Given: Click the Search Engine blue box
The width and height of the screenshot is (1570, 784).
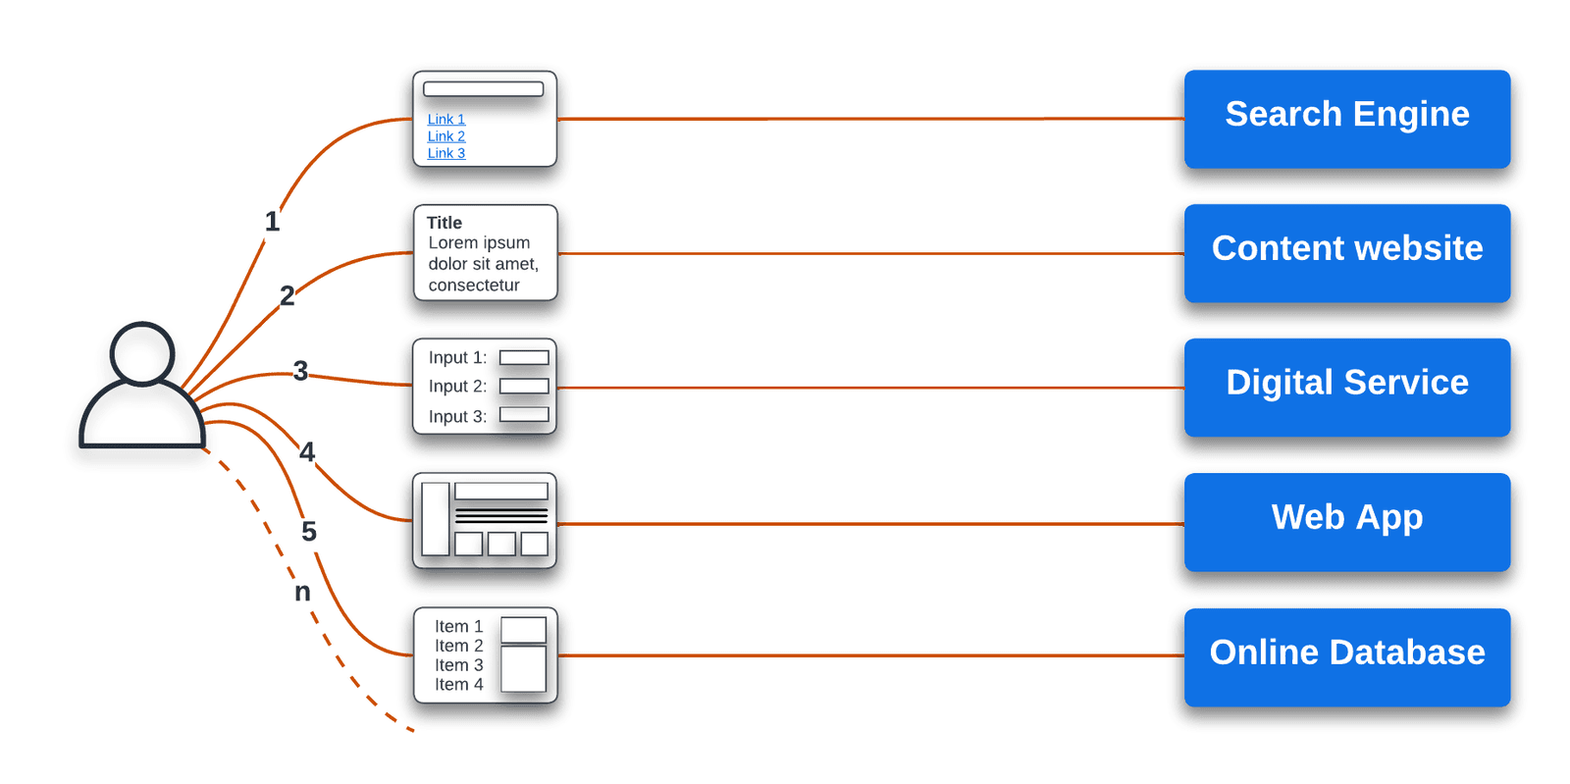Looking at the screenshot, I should (1346, 119).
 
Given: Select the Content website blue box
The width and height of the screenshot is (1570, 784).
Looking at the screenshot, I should (1346, 252).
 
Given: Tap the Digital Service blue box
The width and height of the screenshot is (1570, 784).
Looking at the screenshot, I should (1346, 387).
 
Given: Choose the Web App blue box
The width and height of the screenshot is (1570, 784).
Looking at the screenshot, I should (1346, 521).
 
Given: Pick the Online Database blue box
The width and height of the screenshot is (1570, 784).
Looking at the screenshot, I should (1346, 656).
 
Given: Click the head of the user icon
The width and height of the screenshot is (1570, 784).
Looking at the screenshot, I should (142, 352).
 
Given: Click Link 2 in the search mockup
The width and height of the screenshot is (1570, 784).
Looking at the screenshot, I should (446, 136).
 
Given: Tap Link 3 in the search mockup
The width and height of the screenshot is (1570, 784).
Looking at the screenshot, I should (446, 153).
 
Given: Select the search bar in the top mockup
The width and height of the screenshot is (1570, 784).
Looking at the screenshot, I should (483, 89).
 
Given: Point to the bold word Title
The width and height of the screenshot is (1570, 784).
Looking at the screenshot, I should (445, 223).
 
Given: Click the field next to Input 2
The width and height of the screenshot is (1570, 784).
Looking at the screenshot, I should (524, 386).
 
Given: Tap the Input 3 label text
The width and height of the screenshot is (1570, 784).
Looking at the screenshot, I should (457, 416).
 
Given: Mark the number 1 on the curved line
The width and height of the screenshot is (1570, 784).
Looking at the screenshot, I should (272, 222).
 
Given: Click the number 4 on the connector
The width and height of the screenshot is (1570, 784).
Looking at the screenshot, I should (307, 451).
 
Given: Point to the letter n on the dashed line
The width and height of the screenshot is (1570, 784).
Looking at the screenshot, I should (302, 593).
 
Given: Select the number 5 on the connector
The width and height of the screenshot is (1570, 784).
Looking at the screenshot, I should (309, 532).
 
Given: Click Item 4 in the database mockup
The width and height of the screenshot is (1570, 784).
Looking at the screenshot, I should (458, 685).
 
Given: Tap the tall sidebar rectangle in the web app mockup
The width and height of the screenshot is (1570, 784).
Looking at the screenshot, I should (436, 518).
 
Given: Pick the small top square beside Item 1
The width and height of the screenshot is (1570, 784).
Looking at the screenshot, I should (523, 630).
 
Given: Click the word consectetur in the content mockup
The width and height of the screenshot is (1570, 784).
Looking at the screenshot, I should (474, 286).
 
